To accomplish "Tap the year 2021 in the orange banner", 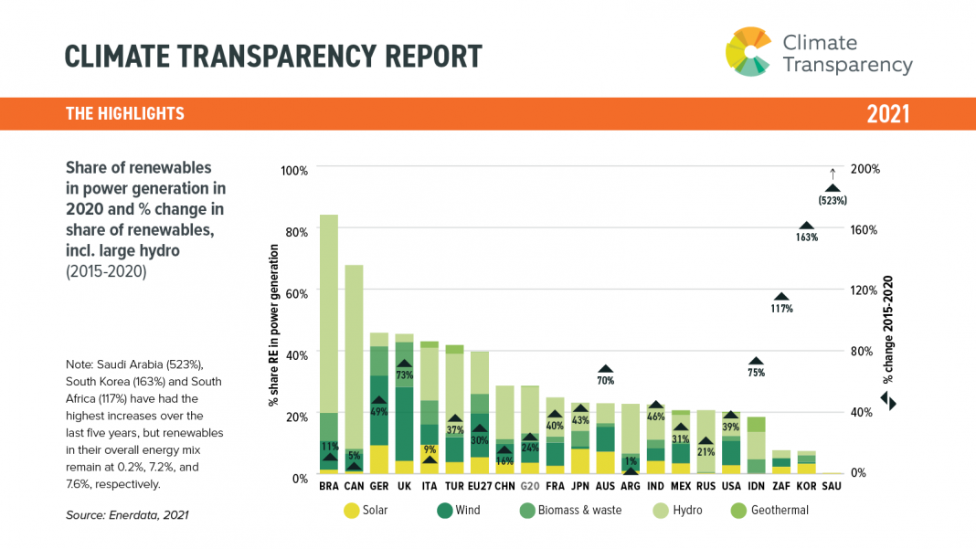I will [887, 114].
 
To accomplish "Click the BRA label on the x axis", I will [329, 486].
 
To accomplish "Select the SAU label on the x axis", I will [831, 486].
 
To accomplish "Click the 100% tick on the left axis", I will [294, 170].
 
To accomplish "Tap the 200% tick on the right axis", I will [864, 169].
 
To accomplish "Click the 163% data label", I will [806, 238].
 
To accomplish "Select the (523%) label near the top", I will [833, 200].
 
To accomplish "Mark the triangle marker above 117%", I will [781, 297].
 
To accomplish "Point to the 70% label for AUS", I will [605, 380].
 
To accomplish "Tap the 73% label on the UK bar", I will [404, 375].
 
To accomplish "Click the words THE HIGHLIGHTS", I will [125, 114].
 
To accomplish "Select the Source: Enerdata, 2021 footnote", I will [127, 515].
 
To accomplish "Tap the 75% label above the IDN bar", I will [756, 373].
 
